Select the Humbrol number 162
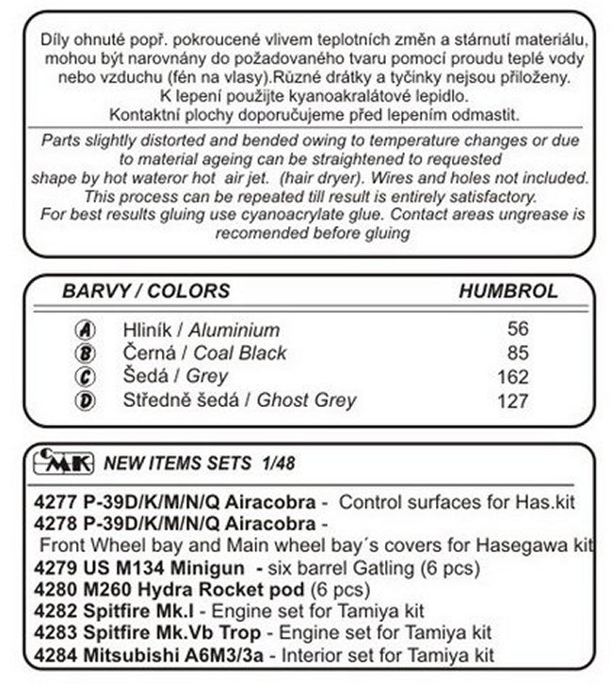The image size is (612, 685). tap(511, 377)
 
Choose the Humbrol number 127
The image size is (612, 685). tap(511, 400)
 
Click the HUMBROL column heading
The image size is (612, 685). tap(507, 291)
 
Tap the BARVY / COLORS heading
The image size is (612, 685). tap(146, 291)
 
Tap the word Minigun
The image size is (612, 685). tap(216, 568)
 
